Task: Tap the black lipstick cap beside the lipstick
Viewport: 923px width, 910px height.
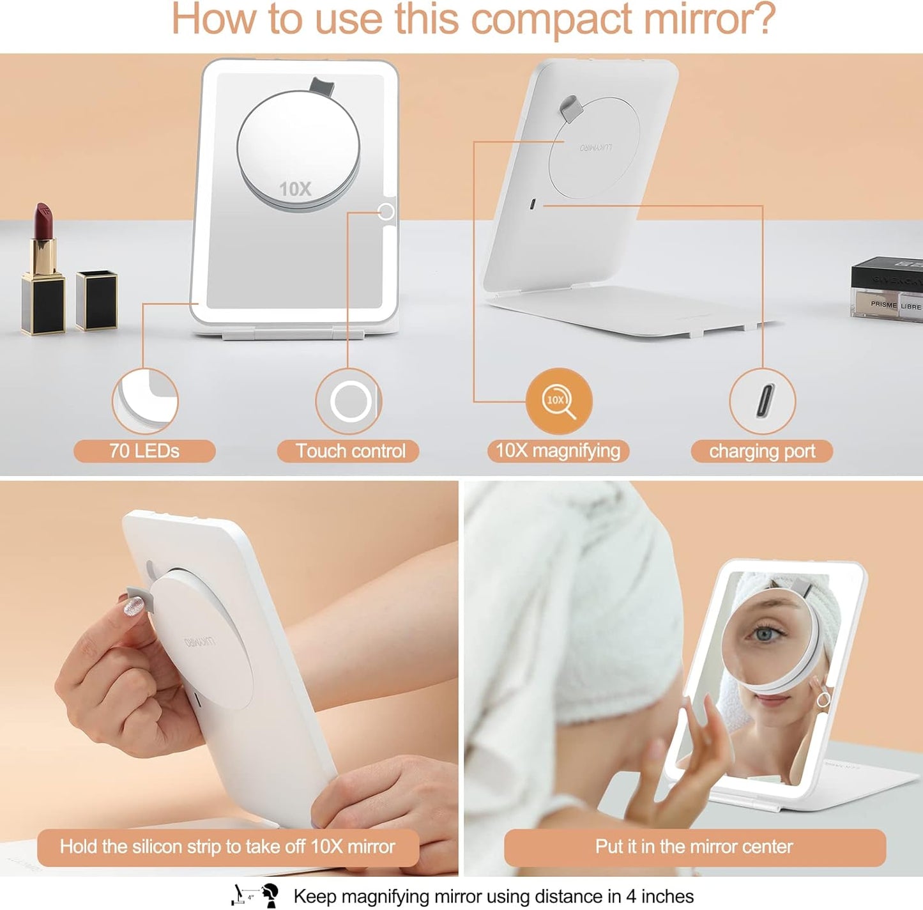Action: click(96, 300)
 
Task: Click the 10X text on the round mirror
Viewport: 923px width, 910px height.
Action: click(295, 189)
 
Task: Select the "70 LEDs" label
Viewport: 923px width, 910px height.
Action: click(144, 451)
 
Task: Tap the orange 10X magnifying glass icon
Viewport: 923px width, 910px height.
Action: click(559, 401)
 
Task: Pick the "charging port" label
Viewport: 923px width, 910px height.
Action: click(761, 451)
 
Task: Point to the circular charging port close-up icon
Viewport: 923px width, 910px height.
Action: click(762, 401)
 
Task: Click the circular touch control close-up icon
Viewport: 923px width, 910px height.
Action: click(349, 401)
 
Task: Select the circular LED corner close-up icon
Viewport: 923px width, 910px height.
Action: click(145, 401)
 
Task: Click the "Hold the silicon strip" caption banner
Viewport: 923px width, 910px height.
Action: click(228, 847)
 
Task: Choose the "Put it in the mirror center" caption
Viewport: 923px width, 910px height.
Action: click(694, 847)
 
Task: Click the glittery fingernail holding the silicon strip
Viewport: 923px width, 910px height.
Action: click(133, 606)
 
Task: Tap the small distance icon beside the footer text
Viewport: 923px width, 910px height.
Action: click(254, 895)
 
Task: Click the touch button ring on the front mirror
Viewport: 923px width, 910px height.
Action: click(386, 211)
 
